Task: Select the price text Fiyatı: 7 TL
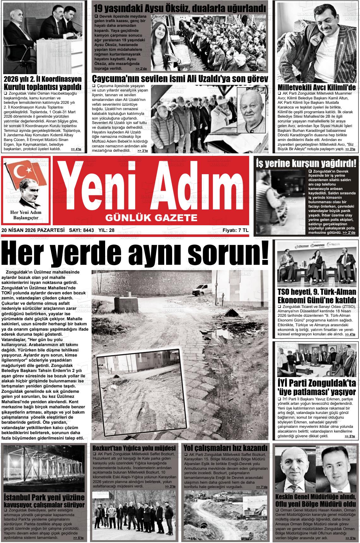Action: pyautogui.click(x=235, y=230)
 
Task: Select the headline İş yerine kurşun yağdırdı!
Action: pyautogui.click(x=307, y=163)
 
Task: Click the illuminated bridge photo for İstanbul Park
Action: pyautogui.click(x=44, y=468)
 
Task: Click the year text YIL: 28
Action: pyautogui.click(x=106, y=230)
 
